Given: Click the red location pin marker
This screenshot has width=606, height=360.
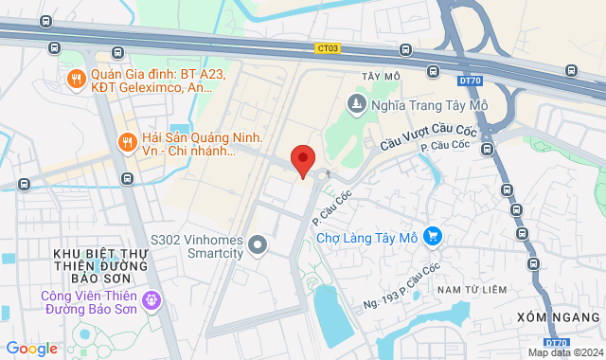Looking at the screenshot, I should (x=302, y=160).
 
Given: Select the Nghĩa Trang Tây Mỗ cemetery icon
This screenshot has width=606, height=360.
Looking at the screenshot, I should (x=357, y=101).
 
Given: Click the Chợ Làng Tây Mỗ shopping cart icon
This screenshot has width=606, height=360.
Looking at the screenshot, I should (x=433, y=235).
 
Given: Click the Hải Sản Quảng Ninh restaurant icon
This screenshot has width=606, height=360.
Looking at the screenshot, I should (x=126, y=142).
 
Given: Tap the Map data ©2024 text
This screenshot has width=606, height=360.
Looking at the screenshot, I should (x=564, y=352).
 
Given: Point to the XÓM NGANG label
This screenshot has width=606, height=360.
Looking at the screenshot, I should (x=556, y=315).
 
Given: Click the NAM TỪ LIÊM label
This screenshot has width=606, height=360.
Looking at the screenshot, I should (x=473, y=289).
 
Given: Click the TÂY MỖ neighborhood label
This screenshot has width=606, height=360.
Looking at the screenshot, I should (x=382, y=76).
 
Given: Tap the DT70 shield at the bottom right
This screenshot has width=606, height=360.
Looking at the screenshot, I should (x=558, y=343).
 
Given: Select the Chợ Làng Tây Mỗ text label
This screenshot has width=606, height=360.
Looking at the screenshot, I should (x=368, y=236).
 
